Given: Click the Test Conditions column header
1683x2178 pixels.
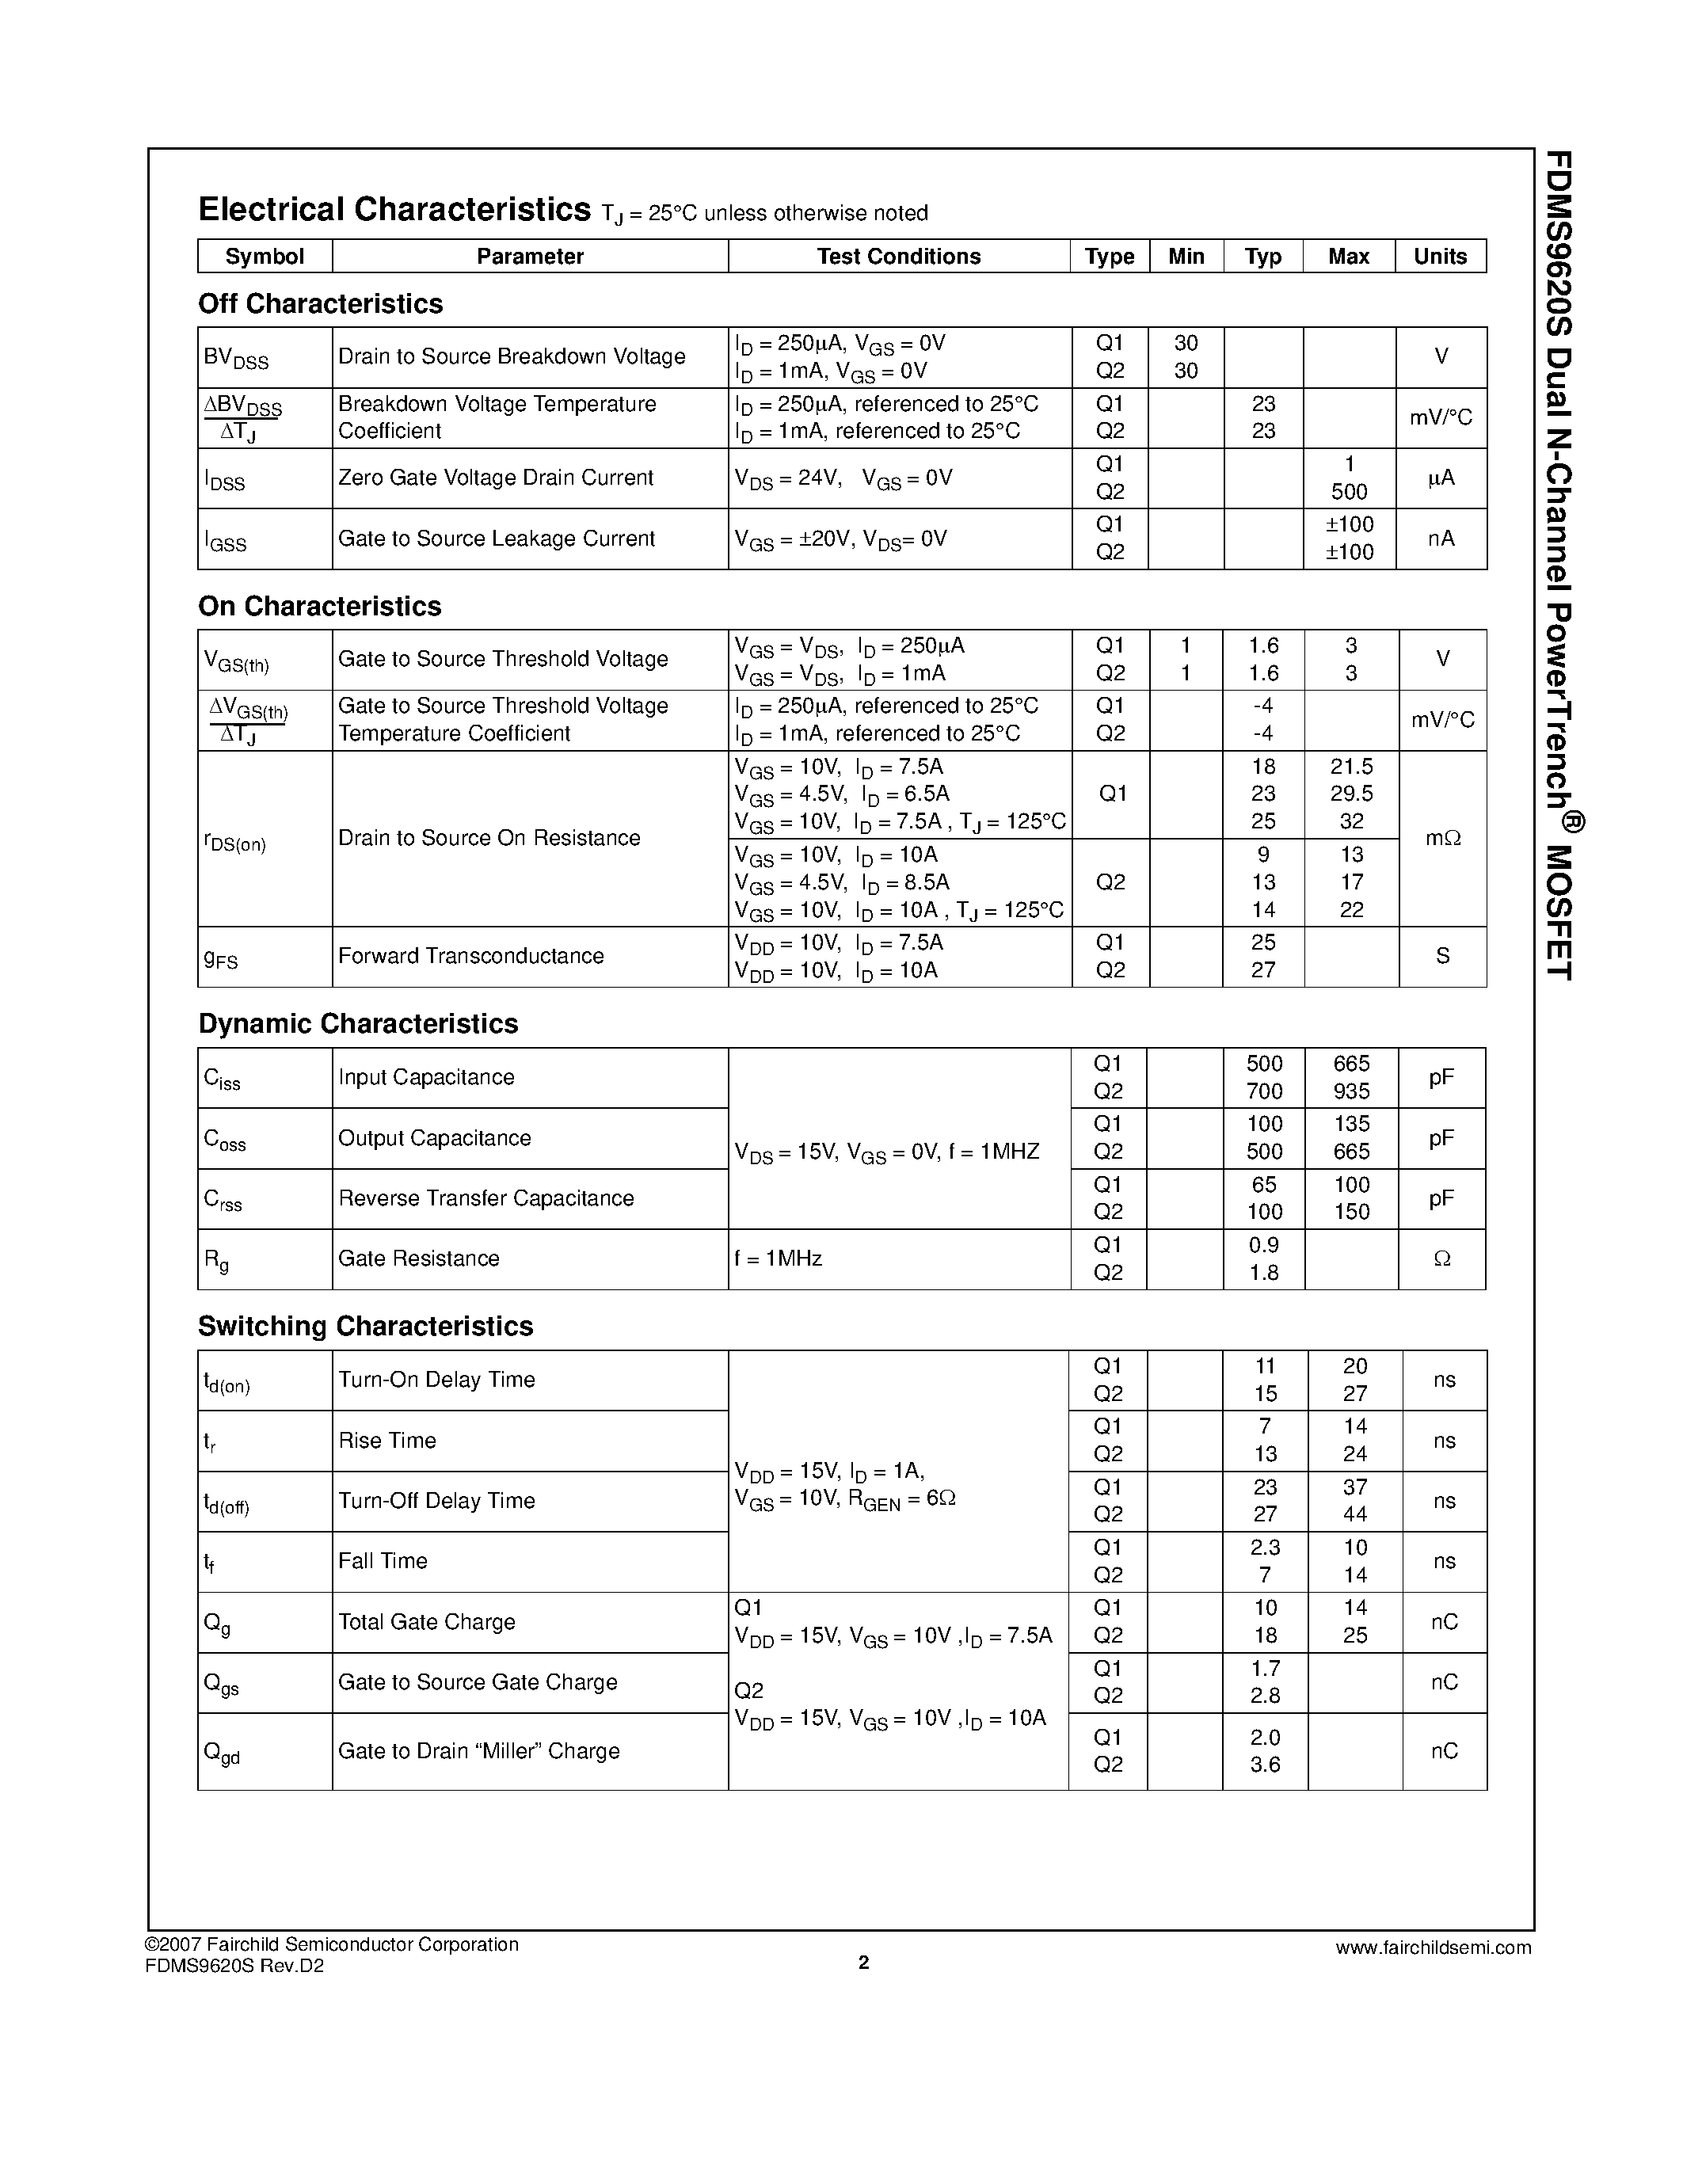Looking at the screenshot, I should click(898, 257).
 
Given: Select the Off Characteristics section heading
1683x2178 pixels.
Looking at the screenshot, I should click(320, 303).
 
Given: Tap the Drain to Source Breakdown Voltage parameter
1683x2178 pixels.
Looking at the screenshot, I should click(512, 356).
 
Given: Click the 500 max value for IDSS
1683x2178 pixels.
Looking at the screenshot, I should click(1349, 492).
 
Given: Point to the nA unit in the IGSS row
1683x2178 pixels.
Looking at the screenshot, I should click(1441, 539).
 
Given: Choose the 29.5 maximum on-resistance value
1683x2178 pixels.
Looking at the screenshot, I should click(1351, 794).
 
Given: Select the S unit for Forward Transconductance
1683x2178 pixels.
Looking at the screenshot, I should click(1441, 957).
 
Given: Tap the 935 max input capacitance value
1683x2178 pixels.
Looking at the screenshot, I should click(1351, 1091).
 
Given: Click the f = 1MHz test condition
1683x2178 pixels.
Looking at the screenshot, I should click(778, 1258).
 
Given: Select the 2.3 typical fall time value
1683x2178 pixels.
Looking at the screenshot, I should click(1264, 1547).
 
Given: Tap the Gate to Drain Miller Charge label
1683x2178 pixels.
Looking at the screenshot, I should click(478, 1750).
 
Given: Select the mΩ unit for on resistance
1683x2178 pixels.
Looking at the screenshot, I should click(1441, 839).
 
